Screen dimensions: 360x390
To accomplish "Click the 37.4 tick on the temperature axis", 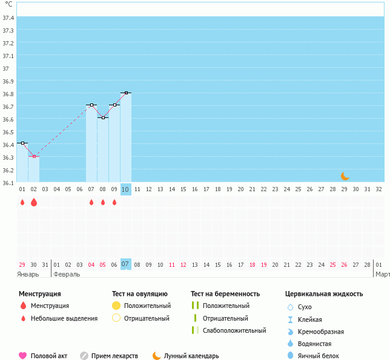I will tap(8, 18).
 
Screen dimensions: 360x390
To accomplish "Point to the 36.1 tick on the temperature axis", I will tap(8, 183).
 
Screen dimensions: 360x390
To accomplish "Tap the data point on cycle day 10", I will tap(125, 93).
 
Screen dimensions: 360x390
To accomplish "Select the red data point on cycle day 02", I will tap(33, 156).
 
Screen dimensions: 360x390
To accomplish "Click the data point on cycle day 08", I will tap(102, 117).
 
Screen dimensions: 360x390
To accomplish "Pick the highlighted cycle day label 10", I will tap(125, 189).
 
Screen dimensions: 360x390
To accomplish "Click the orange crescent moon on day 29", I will tap(345, 176).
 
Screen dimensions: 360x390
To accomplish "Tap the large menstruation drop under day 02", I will tap(33, 203).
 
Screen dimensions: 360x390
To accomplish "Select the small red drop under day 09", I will tap(114, 203).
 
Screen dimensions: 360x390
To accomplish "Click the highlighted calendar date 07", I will tap(125, 264).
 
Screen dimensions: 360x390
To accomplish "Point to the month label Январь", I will tap(28, 274).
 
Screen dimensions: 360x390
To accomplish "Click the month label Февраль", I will tap(67, 274).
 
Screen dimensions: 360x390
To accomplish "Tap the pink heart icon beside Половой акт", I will tap(23, 356).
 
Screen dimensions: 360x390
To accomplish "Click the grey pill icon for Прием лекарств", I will tap(84, 356).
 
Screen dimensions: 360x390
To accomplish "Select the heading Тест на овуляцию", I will tap(139, 294).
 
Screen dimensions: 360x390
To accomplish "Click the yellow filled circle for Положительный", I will tap(116, 306).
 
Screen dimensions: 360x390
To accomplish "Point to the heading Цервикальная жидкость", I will tap(324, 294).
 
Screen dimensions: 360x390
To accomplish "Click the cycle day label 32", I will tap(378, 189).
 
